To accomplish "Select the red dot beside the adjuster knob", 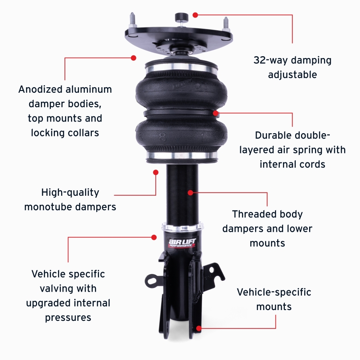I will (x=195, y=15).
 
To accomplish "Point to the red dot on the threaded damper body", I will (x=190, y=193).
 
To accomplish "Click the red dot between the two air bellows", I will (x=216, y=113).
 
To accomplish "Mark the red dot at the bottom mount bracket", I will (x=198, y=328).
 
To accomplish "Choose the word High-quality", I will (x=70, y=193).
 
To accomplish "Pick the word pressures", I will (x=68, y=317).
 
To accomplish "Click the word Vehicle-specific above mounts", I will (x=274, y=292).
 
